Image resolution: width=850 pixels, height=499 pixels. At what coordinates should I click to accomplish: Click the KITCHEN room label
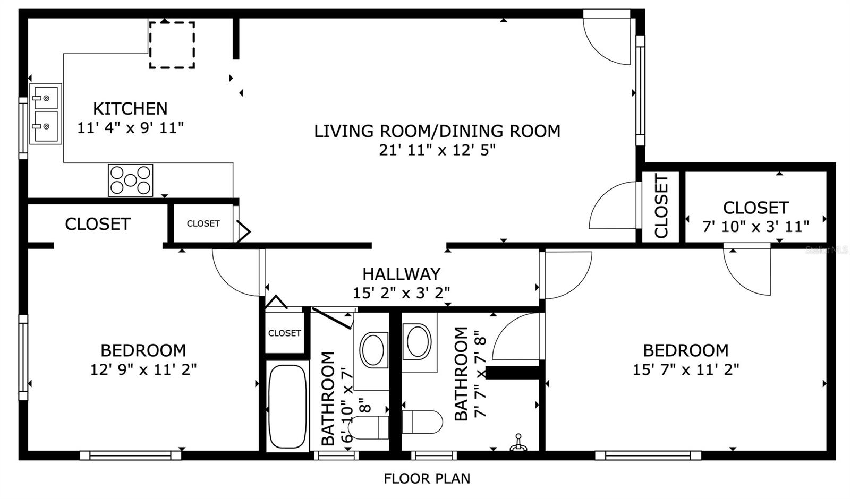pyautogui.click(x=130, y=109)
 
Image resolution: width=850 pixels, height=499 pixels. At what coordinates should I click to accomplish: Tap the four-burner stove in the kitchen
pyautogui.click(x=131, y=180)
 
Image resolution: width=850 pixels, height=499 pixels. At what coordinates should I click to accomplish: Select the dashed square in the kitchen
pyautogui.click(x=172, y=45)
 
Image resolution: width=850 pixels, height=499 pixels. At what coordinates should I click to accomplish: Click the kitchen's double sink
pyautogui.click(x=45, y=114)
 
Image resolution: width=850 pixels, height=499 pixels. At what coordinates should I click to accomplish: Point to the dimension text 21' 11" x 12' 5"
pyautogui.click(x=437, y=150)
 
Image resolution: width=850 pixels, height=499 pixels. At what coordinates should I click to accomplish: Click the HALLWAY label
pyautogui.click(x=401, y=274)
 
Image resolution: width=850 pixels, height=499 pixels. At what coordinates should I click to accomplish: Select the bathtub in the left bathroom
pyautogui.click(x=287, y=407)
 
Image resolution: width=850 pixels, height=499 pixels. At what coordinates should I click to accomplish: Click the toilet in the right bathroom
pyautogui.click(x=423, y=422)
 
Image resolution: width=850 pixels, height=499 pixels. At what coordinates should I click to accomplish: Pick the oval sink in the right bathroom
pyautogui.click(x=419, y=341)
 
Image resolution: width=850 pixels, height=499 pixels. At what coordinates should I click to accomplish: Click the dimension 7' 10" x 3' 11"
pyautogui.click(x=755, y=227)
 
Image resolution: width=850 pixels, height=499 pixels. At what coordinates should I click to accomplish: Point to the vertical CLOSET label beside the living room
pyautogui.click(x=661, y=206)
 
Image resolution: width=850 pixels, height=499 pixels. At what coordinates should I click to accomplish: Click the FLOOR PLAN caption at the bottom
pyautogui.click(x=427, y=478)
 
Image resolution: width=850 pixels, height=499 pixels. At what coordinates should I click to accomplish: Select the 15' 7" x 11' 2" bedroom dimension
pyautogui.click(x=685, y=369)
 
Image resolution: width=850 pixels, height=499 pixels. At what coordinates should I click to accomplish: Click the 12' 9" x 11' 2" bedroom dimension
pyautogui.click(x=143, y=369)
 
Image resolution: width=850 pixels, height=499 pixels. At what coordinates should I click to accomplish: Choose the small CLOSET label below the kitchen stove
pyautogui.click(x=203, y=223)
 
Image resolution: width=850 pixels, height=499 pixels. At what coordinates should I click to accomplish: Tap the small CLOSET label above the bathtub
pyautogui.click(x=284, y=333)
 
